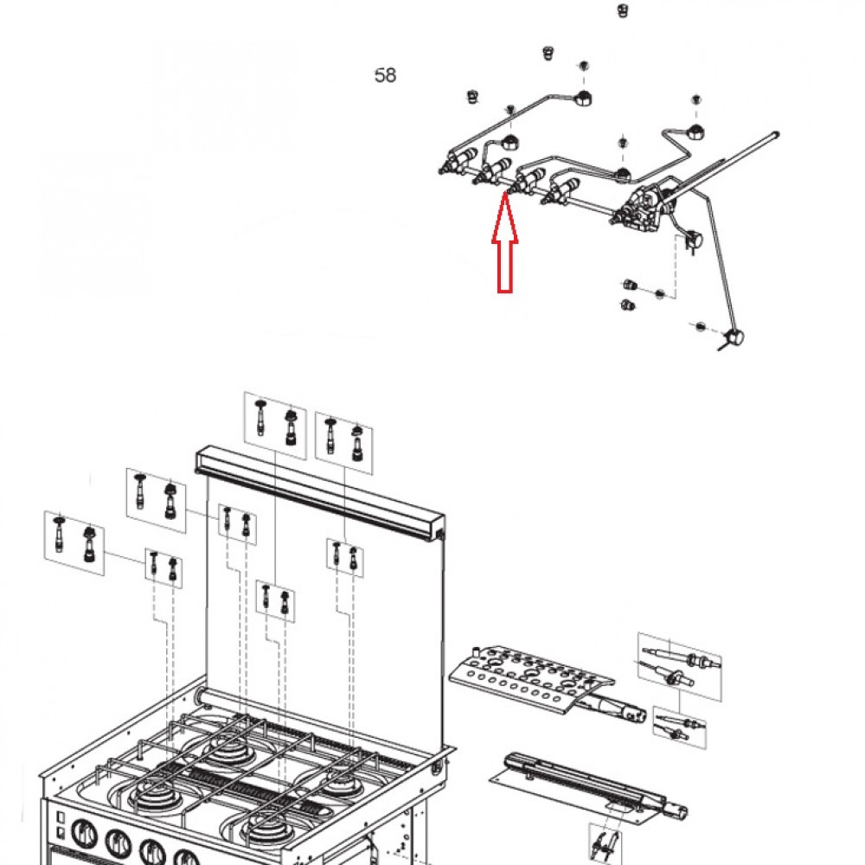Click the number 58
click(385, 76)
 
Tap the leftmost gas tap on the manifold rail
click(459, 162)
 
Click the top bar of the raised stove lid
click(320, 493)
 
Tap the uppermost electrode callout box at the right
click(679, 662)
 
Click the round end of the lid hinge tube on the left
click(202, 696)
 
